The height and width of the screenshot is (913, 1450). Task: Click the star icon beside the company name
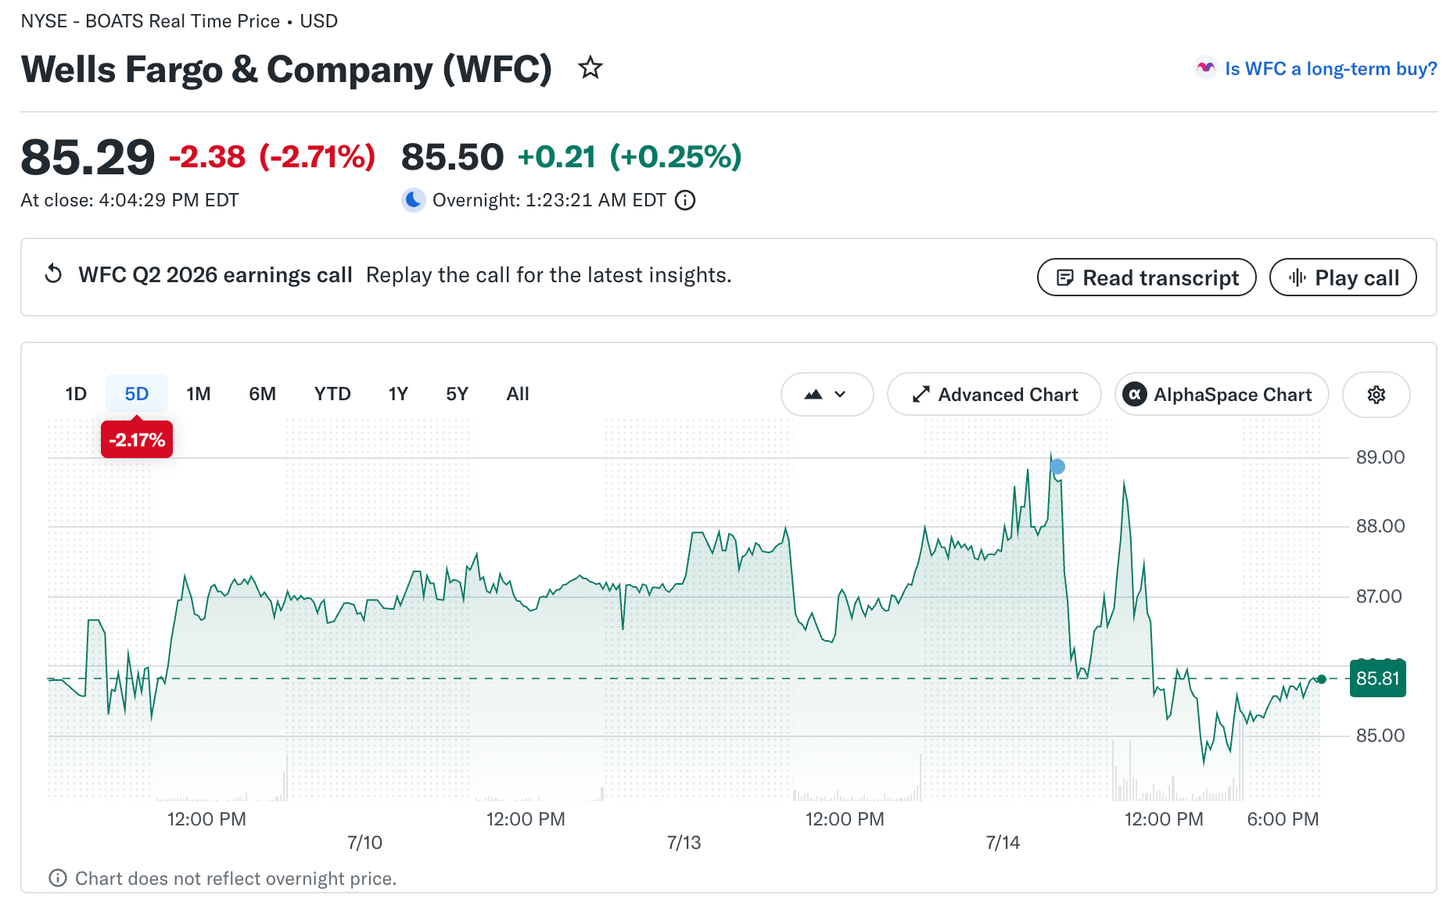pos(590,68)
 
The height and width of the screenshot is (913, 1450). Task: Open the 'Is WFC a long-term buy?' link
pos(1330,69)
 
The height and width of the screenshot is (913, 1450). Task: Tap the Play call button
pos(1342,277)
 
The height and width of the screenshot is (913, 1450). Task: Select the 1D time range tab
pos(76,394)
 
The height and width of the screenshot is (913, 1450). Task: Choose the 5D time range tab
pos(137,394)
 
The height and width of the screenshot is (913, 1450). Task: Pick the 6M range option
pos(263,394)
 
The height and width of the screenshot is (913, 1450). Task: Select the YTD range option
pos(332,394)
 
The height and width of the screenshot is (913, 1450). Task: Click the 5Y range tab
pos(457,394)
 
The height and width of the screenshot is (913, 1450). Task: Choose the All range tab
pos(518,394)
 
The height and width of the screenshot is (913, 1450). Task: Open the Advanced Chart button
pos(994,395)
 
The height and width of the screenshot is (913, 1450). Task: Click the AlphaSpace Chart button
pos(1222,395)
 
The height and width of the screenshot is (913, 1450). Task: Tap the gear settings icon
pos(1376,395)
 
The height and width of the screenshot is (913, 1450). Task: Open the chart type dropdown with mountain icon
pos(827,395)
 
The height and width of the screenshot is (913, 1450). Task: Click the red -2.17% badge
pos(137,440)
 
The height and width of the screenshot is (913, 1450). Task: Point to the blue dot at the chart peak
pos(1057,467)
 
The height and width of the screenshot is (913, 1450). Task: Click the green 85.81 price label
pos(1378,678)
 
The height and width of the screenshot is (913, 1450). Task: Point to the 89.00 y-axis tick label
pos(1380,457)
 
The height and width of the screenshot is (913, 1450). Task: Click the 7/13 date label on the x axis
pos(684,843)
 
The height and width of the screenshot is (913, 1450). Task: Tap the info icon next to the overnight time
pos(685,201)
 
